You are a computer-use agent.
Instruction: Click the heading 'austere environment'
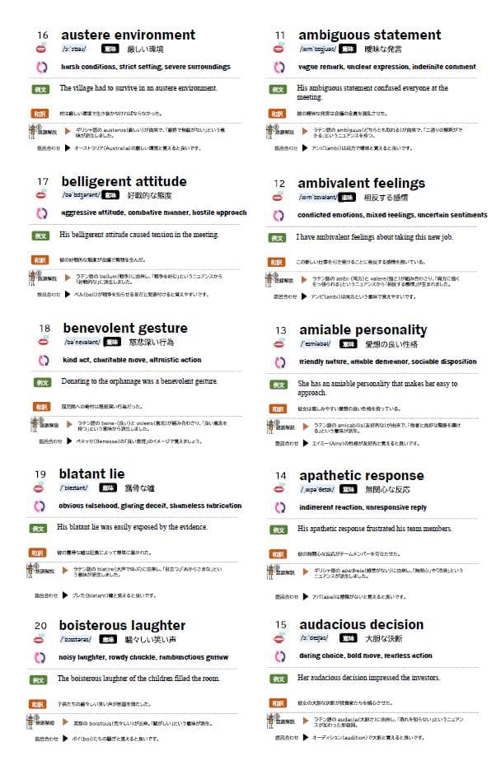(x=128, y=35)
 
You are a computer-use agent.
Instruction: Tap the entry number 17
(x=44, y=181)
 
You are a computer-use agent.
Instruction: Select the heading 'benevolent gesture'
(x=124, y=328)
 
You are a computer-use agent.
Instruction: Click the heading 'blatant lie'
(x=91, y=474)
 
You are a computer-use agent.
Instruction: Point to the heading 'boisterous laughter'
(x=122, y=625)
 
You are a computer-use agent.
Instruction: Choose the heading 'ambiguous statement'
(x=369, y=35)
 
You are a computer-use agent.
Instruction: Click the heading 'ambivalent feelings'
(x=361, y=183)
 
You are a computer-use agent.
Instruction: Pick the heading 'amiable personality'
(x=363, y=329)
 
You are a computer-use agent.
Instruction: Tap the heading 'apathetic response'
(x=361, y=475)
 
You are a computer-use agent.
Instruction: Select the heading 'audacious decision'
(x=361, y=623)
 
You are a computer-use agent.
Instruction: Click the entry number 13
(x=281, y=330)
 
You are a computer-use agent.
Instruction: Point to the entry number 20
(x=41, y=626)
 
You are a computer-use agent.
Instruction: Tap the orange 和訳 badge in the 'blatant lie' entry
(x=37, y=553)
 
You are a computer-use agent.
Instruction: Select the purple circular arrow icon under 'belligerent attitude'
(x=42, y=212)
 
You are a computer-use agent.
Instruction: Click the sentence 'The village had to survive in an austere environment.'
(x=138, y=88)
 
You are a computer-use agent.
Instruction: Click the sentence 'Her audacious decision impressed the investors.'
(x=368, y=678)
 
